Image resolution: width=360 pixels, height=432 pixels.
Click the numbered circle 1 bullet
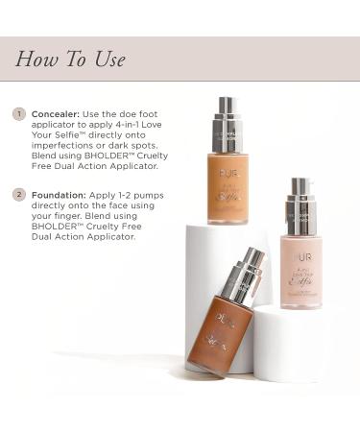18,113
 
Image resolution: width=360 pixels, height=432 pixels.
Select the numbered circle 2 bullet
18,195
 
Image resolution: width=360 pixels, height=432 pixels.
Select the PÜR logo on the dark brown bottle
223,323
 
